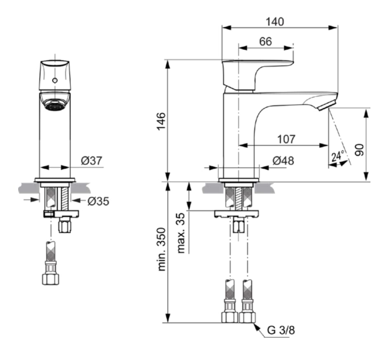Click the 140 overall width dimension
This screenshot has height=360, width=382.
(275, 22)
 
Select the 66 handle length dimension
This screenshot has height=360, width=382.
(266, 41)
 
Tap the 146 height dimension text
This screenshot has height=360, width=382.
(161, 121)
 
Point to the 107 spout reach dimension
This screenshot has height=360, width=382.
(286, 139)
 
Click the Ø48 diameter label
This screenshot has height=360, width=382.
(283, 161)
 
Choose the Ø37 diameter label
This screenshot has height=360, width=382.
(92, 161)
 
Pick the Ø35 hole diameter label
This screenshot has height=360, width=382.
(98, 201)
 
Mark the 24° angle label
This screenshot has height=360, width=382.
(338, 156)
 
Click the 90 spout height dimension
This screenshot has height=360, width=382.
(360, 150)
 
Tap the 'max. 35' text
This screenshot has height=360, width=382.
(181, 233)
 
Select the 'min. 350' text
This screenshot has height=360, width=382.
(161, 249)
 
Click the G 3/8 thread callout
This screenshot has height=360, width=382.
(281, 330)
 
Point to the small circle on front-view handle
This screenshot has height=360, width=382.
(55, 80)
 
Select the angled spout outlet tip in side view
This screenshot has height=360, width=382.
(327, 104)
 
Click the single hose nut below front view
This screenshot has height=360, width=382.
(51, 279)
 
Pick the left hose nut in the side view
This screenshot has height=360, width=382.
(229, 317)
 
